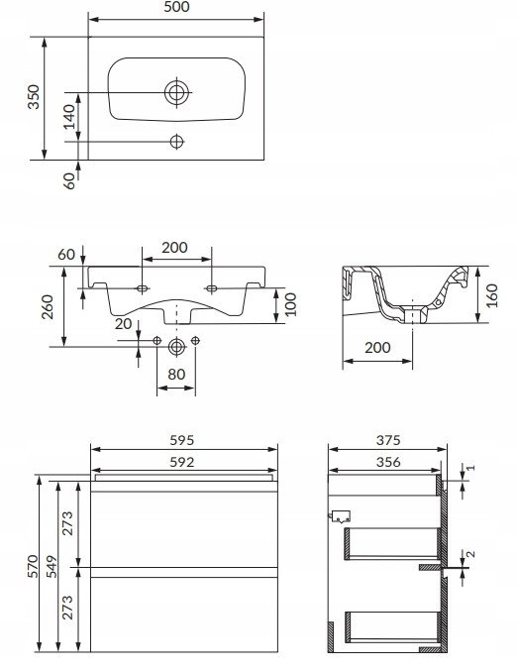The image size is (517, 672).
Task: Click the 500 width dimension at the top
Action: [x=176, y=6]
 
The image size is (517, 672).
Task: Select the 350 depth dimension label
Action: [x=34, y=97]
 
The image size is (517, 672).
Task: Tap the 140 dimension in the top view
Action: [x=69, y=117]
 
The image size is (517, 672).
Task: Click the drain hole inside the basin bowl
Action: [x=176, y=92]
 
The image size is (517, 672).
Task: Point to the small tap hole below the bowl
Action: [x=176, y=142]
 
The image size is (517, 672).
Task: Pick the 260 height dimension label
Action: [x=47, y=306]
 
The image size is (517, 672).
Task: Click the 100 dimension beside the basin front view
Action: [x=290, y=304]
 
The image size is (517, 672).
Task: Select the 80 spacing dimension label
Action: [x=176, y=374]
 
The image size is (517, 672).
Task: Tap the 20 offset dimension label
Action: [x=123, y=323]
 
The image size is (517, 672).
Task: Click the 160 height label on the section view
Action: [x=491, y=295]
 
